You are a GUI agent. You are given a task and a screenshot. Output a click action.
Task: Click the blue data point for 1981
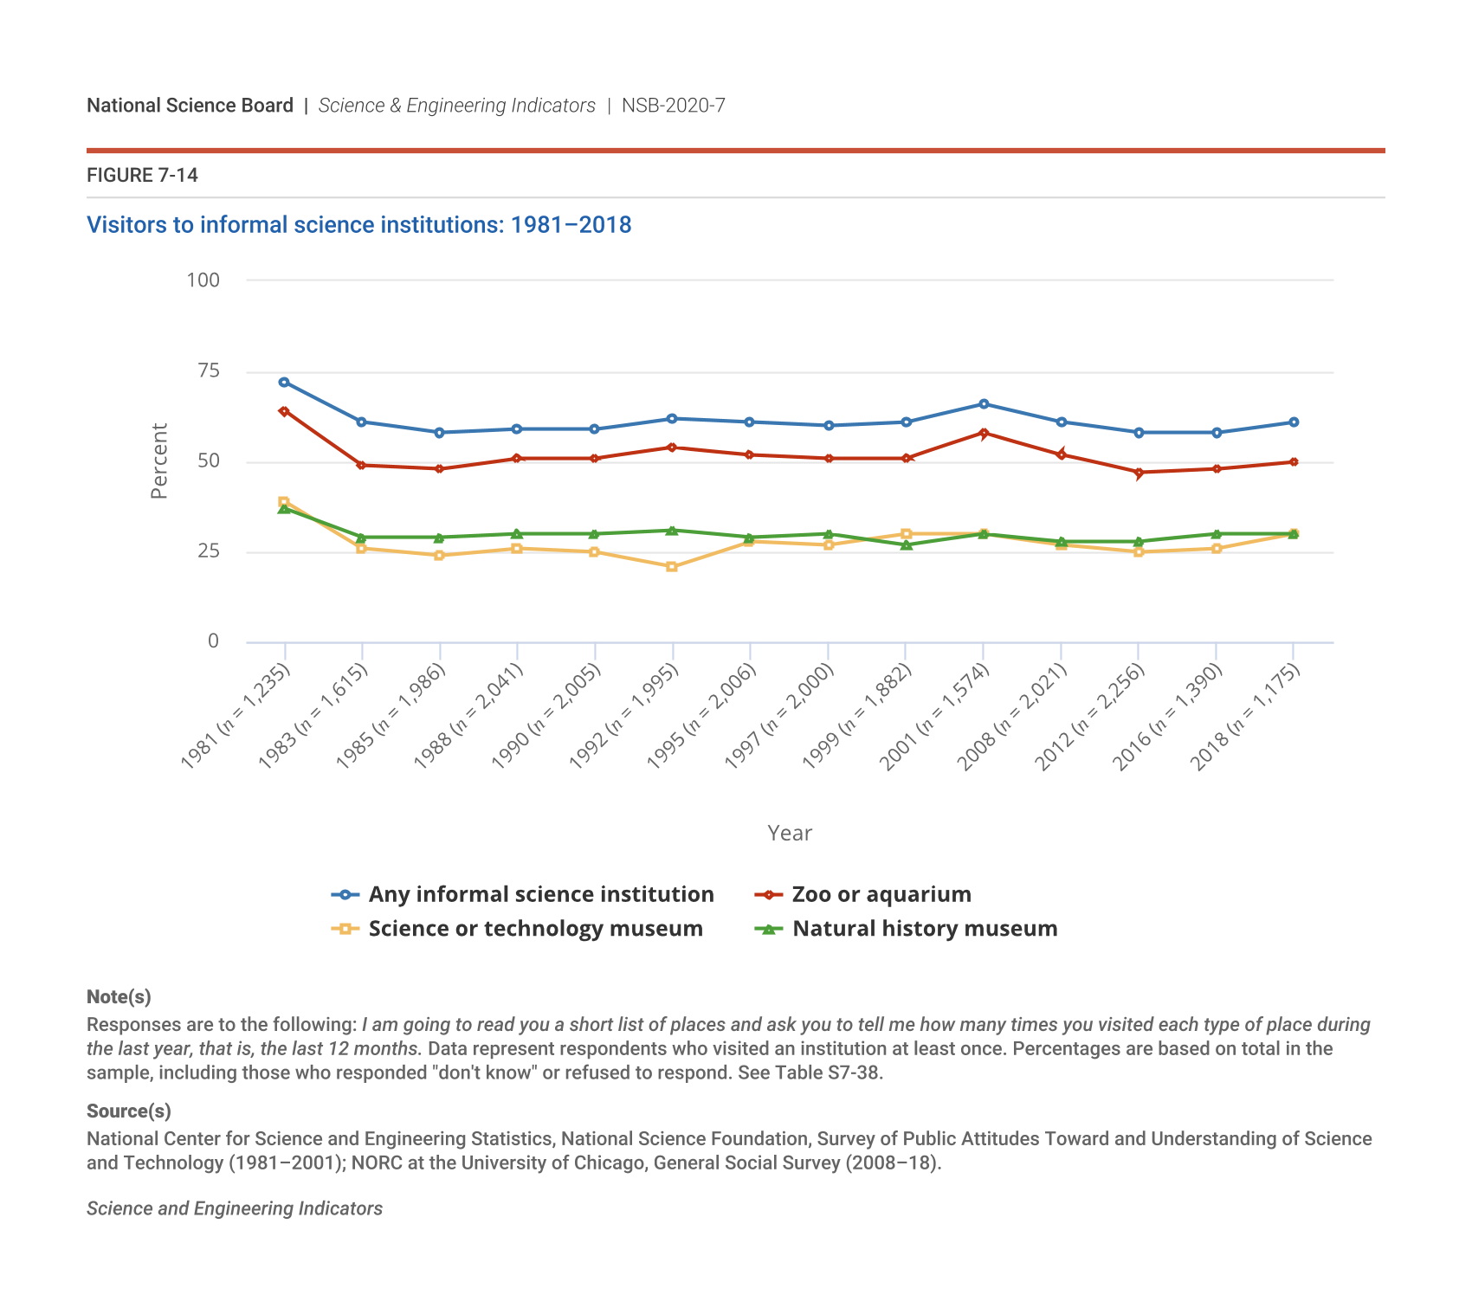284,382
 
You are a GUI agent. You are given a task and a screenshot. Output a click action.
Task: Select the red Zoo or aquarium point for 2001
984,433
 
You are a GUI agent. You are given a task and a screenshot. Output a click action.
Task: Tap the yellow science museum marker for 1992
672,567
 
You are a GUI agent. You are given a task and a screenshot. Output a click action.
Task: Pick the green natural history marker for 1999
907,544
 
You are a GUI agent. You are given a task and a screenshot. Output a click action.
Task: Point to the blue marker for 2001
984,403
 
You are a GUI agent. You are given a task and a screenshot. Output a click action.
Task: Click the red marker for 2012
1139,473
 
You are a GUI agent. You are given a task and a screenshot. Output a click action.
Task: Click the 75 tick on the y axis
209,371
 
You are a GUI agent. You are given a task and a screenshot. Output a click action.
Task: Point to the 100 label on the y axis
203,280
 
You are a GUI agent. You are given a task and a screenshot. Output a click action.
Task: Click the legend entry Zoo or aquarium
881,894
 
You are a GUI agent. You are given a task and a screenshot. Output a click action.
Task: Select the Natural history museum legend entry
925,929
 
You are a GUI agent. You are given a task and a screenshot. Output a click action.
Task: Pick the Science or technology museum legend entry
535,929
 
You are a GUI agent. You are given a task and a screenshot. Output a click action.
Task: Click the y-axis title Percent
158,461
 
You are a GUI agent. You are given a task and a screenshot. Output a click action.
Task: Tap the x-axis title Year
790,833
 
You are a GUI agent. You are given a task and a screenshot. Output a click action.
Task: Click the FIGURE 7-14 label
142,176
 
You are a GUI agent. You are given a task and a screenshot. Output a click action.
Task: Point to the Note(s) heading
119,996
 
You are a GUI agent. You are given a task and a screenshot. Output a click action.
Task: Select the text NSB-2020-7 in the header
673,106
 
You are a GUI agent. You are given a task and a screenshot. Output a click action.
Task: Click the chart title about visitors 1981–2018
358,225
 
